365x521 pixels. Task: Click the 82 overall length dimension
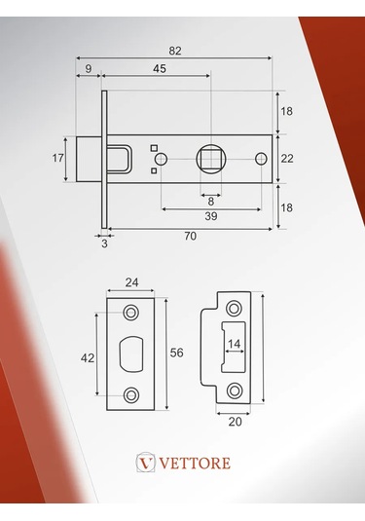point(175,51)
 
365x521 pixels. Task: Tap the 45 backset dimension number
point(160,68)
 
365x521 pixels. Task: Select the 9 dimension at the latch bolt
point(89,68)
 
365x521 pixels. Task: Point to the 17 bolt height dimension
point(57,158)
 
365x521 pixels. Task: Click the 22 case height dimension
point(287,159)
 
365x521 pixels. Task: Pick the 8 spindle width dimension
point(211,202)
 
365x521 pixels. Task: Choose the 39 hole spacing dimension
point(211,216)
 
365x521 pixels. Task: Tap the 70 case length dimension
point(191,236)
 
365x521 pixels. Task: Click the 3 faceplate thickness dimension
point(104,243)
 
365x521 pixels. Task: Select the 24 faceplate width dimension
point(131,282)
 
